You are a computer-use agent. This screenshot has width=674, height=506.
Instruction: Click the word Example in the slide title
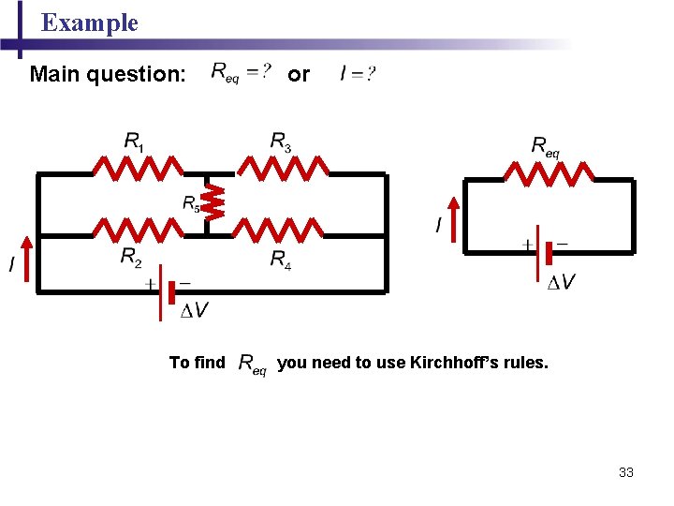point(90,22)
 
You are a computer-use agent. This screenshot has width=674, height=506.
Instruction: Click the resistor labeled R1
point(138,171)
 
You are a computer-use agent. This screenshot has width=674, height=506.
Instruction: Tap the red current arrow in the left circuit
point(26,258)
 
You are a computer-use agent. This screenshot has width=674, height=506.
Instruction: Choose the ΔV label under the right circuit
point(562,282)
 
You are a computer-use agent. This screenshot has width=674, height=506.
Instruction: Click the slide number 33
point(626,472)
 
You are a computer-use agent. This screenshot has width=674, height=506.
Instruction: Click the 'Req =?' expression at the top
point(241,72)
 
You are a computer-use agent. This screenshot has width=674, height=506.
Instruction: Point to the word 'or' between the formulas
point(298,74)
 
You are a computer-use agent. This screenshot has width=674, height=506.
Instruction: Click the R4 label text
point(281,259)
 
